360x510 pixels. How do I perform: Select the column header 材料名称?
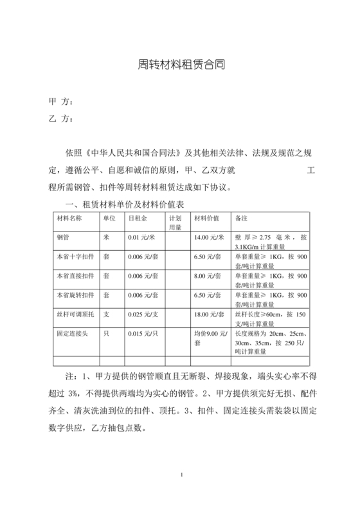click(x=70, y=218)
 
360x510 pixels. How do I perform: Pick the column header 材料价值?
click(x=207, y=218)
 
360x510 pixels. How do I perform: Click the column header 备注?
click(x=243, y=218)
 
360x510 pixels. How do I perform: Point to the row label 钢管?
click(x=63, y=237)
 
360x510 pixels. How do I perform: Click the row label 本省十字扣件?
click(x=73, y=257)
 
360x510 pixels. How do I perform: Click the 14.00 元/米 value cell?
click(x=209, y=237)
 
